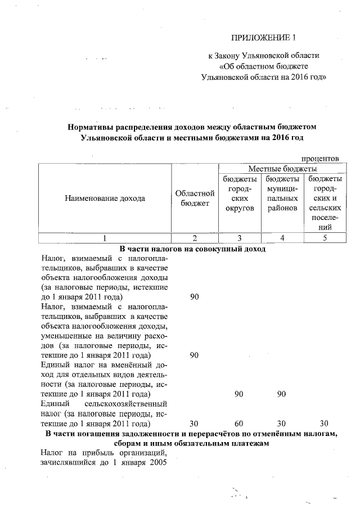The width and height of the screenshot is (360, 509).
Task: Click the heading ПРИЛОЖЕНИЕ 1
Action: [263, 38]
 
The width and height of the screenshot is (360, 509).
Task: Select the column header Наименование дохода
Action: [105, 198]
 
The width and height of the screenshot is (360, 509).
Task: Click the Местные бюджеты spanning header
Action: [282, 169]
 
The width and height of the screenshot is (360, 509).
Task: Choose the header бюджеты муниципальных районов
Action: [282, 193]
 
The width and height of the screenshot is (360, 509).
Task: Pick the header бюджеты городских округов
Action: [240, 193]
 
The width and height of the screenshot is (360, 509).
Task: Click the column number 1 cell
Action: [105, 237]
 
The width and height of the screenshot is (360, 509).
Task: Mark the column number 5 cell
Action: [324, 237]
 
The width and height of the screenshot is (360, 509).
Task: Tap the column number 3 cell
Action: [240, 237]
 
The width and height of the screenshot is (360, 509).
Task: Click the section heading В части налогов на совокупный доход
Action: [192, 248]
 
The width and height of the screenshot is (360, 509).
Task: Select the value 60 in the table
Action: [238, 423]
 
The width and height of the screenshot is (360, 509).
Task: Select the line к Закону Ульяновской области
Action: [263, 56]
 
